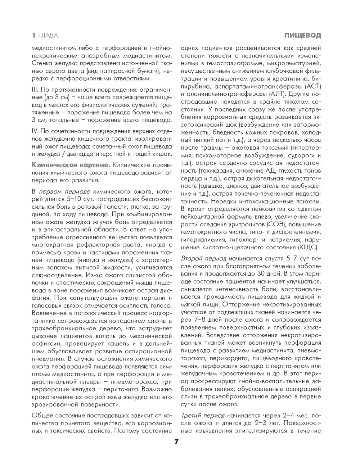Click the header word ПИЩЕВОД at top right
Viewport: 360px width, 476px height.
point(302,36)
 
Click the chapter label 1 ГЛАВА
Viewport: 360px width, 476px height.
point(45,36)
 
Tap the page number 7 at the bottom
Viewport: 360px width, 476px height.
point(176,442)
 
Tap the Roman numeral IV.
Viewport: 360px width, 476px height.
point(35,131)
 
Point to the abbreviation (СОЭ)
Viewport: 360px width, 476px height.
point(276,224)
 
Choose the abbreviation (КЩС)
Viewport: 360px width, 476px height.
point(307,248)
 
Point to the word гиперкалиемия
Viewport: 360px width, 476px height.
point(201,240)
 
